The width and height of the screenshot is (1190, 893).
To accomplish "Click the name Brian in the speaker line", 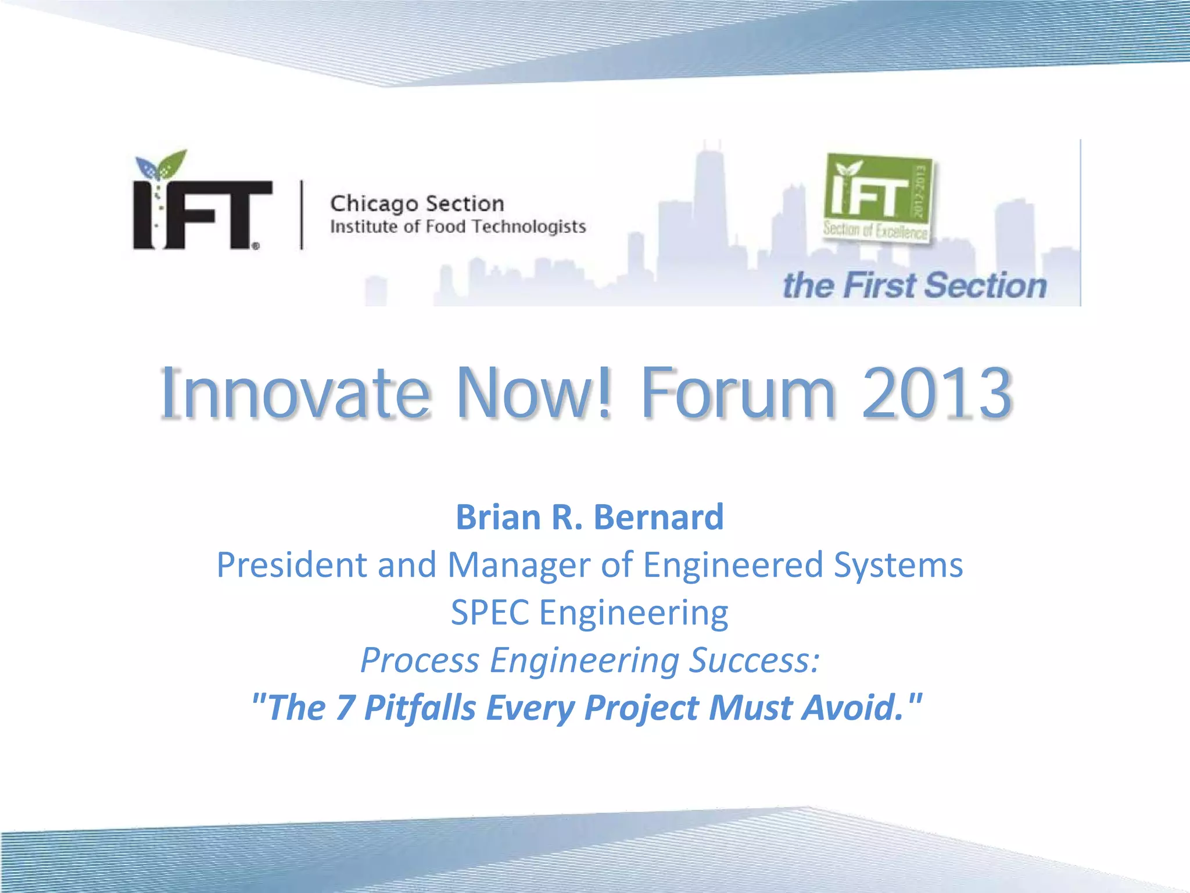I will pyautogui.click(x=498, y=517).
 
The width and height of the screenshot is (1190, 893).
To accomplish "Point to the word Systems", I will pyautogui.click(x=898, y=565).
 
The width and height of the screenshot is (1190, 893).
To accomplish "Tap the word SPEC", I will pyautogui.click(x=490, y=613).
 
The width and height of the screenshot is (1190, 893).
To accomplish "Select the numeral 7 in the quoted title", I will pyautogui.click(x=345, y=708).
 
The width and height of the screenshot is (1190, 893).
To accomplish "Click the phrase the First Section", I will pyautogui.click(x=915, y=285).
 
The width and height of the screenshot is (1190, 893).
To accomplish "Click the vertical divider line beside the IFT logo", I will pyautogui.click(x=302, y=215).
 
